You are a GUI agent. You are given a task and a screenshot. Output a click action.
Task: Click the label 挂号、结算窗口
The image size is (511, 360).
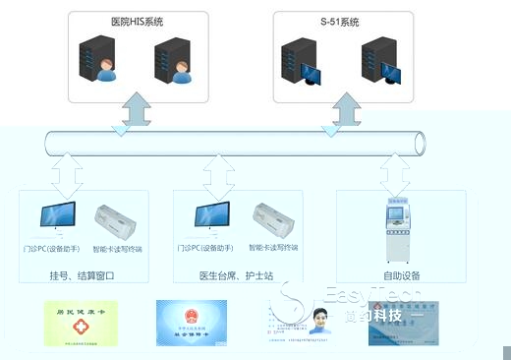click(83, 277)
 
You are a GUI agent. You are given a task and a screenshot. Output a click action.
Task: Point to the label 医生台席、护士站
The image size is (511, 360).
click(237, 277)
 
